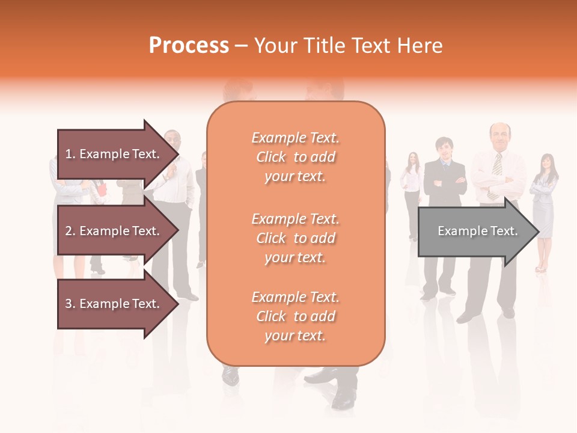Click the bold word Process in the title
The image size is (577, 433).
click(x=189, y=46)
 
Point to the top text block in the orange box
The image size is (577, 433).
click(x=295, y=157)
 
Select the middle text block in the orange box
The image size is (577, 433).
click(x=295, y=238)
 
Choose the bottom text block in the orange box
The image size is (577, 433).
click(x=295, y=316)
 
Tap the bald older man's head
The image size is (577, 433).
click(x=499, y=136)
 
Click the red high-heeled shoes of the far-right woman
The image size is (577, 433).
click(x=541, y=268)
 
